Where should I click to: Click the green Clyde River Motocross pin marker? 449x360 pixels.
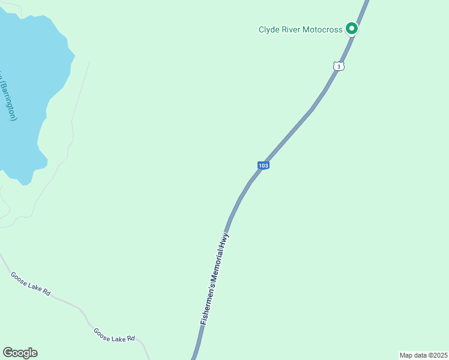coord(351,28)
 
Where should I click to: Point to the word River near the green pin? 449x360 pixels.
coord(292,29)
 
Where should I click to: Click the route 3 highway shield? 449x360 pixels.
coord(339,67)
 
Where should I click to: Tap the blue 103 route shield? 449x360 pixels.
coord(263,165)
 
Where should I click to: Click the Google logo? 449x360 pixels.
coord(20,353)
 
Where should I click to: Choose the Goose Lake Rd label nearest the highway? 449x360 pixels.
coord(114,335)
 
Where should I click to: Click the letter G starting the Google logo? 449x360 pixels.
coord(8,353)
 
